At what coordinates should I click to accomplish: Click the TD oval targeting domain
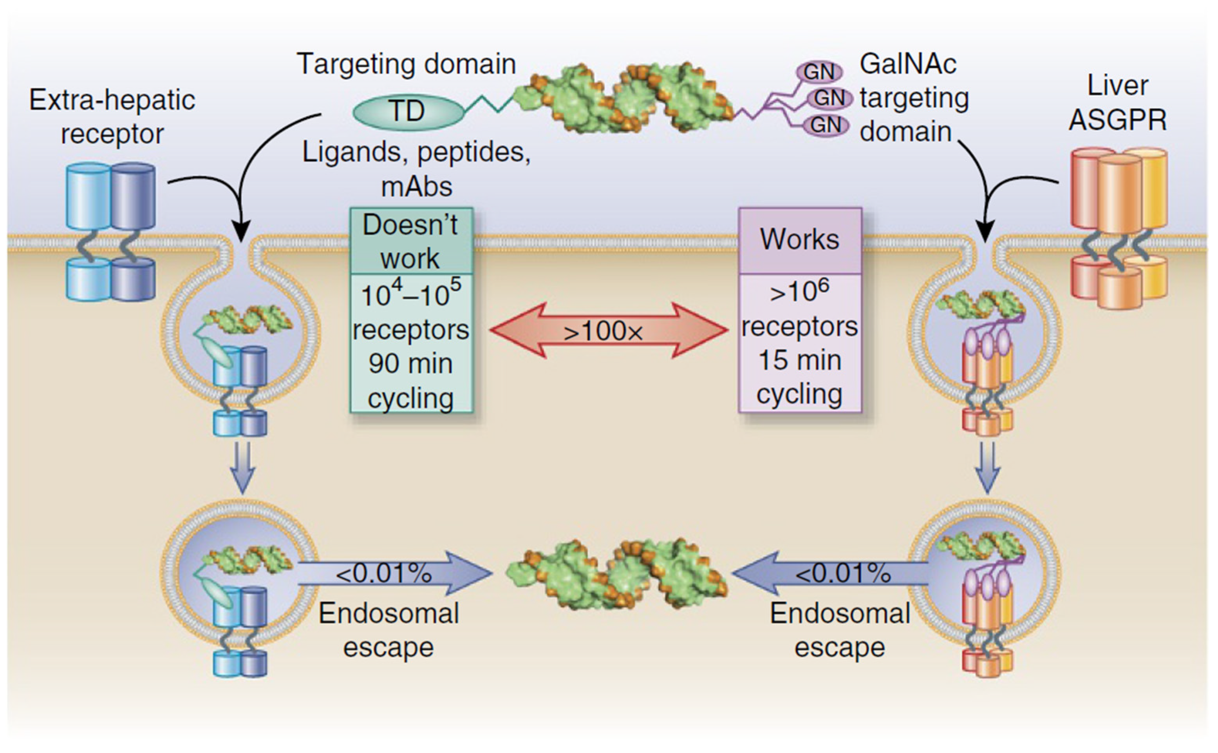click(x=408, y=112)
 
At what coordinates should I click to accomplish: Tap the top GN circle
click(x=819, y=72)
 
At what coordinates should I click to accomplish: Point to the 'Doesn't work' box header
click(x=411, y=241)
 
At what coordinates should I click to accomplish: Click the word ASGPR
click(x=1117, y=120)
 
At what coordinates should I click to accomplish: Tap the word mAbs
click(x=416, y=187)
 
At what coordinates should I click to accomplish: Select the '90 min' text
click(x=411, y=363)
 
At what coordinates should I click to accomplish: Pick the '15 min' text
click(x=800, y=360)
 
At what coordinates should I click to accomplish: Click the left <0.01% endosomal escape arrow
click(x=395, y=573)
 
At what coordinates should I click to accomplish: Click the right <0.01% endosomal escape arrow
click(x=830, y=573)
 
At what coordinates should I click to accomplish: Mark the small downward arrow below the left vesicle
click(x=243, y=468)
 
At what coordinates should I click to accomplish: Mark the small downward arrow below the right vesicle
click(x=987, y=468)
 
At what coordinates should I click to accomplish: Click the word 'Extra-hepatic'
click(x=112, y=100)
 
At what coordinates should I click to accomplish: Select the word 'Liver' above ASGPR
click(x=1117, y=86)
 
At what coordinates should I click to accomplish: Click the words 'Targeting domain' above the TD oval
click(x=406, y=64)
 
